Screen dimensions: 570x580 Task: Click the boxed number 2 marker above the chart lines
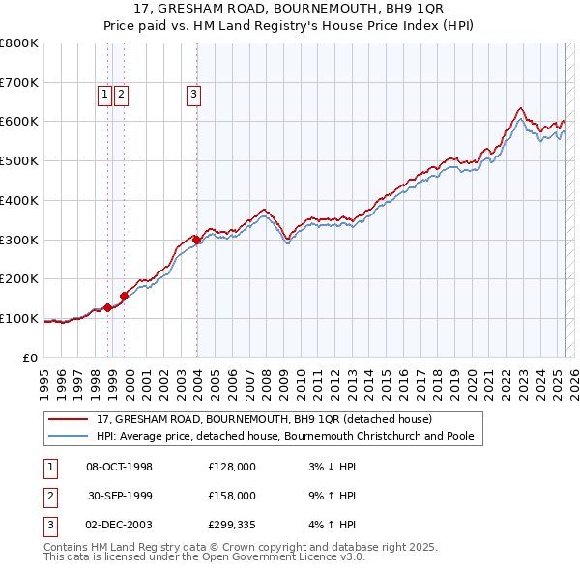(121, 95)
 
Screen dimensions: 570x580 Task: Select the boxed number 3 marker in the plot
(194, 95)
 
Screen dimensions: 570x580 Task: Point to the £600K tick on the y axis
(19, 122)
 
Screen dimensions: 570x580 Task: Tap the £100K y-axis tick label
(19, 318)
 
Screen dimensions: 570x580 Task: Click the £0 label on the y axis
(31, 357)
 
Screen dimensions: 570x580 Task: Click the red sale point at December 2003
(196, 240)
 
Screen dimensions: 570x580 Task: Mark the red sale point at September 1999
(125, 296)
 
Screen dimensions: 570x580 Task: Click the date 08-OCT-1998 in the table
(120, 467)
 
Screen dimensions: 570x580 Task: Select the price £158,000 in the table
(232, 496)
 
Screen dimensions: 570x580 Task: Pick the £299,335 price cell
(232, 525)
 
